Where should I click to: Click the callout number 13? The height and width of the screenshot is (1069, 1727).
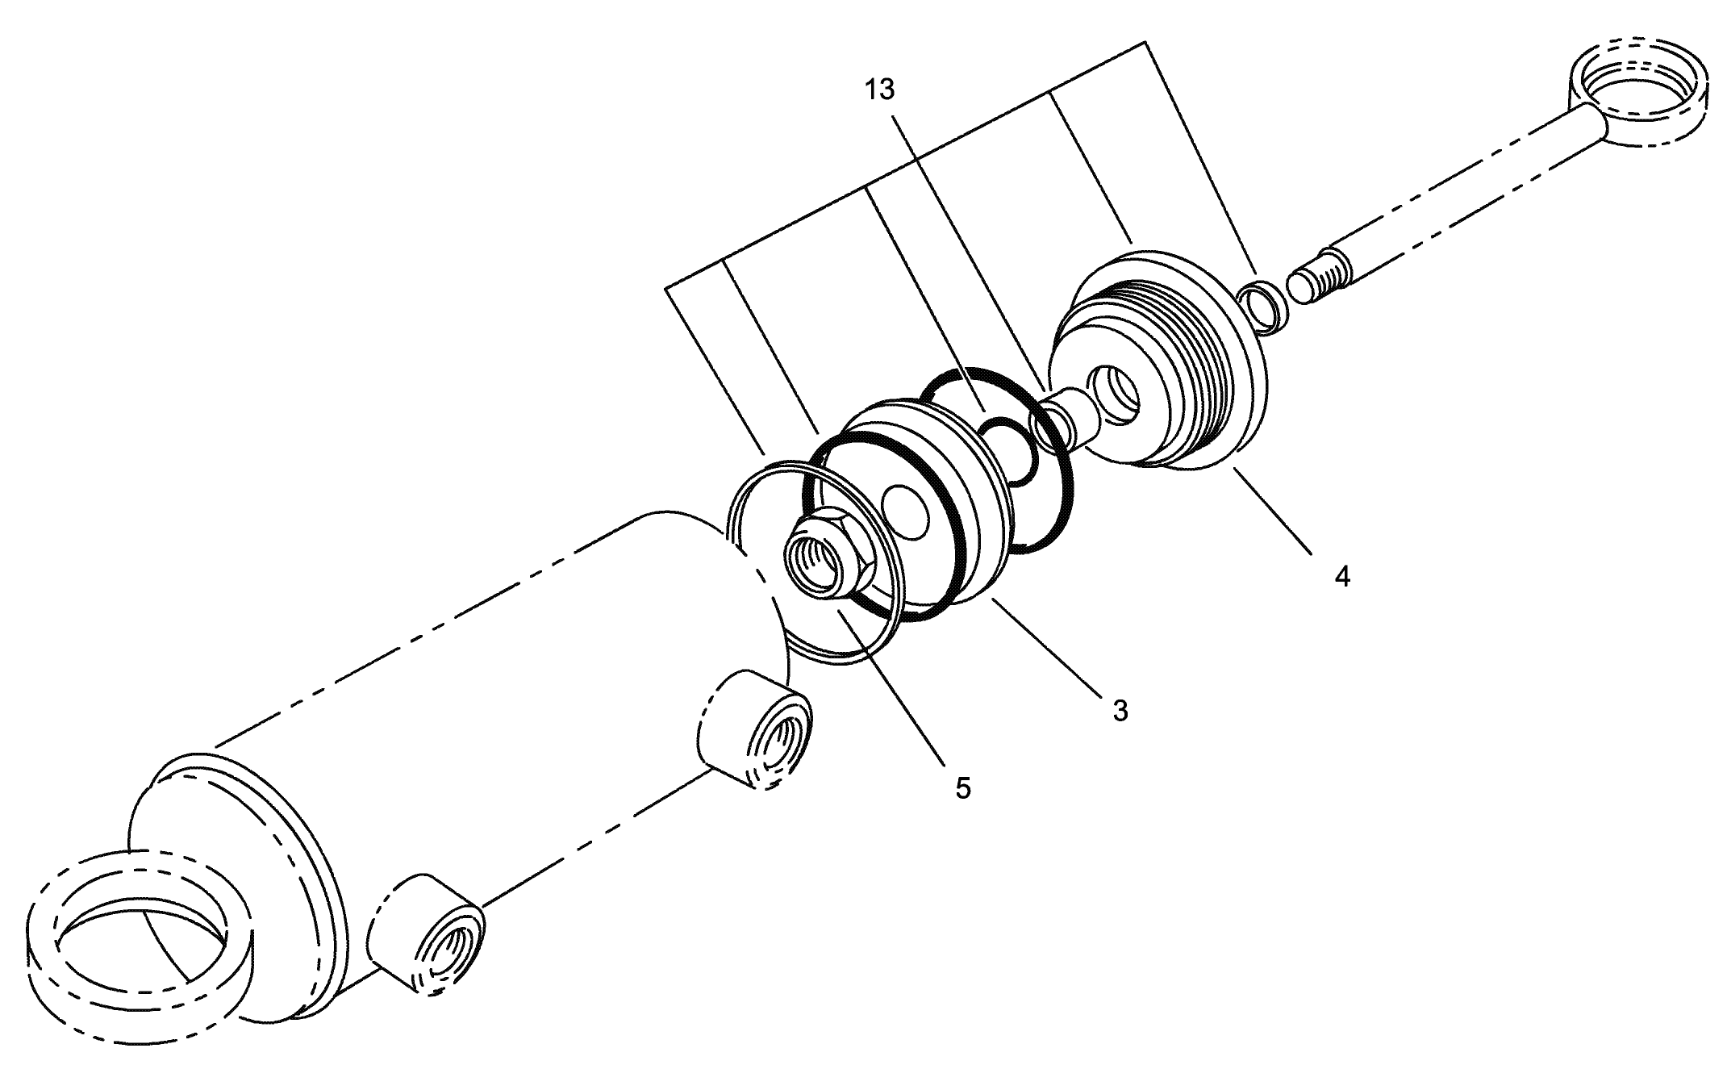[880, 90]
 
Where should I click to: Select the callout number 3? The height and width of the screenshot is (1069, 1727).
[1120, 711]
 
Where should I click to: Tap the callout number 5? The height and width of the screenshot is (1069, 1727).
[963, 787]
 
